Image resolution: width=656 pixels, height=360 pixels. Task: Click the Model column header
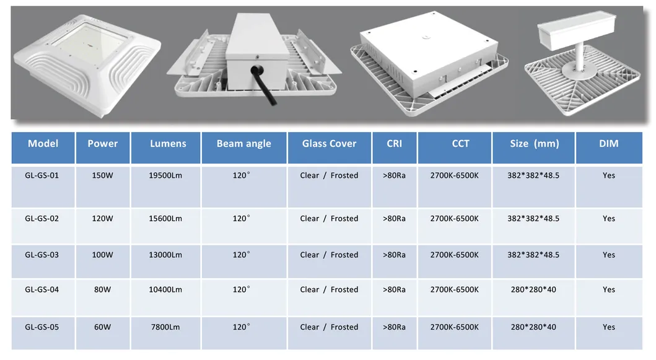[x=43, y=144]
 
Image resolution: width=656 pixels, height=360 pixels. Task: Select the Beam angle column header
[x=243, y=144]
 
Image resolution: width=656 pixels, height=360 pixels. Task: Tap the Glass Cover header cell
[x=329, y=144]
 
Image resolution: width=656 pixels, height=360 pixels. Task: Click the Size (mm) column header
[x=534, y=144]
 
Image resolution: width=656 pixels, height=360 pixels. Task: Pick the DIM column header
[x=608, y=144]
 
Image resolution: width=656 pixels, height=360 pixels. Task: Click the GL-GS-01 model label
[x=42, y=175]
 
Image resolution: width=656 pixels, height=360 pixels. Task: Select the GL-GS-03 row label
[x=42, y=255]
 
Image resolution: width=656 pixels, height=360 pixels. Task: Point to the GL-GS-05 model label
[x=42, y=327]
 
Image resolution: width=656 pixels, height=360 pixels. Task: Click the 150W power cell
[x=102, y=175]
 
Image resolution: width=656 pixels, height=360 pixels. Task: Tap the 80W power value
[x=102, y=289]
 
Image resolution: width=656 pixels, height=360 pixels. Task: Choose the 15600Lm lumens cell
[x=165, y=219]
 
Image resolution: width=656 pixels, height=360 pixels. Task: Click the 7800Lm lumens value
[x=165, y=327]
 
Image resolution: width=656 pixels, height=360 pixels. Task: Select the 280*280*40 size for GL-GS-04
[x=533, y=289]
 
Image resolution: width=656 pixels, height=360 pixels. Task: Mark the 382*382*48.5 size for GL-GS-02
[x=533, y=219]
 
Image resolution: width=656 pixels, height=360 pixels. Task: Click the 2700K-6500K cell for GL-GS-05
[x=454, y=327]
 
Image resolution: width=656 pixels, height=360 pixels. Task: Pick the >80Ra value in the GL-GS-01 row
[x=394, y=175]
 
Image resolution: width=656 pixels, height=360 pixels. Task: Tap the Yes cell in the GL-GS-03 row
[x=608, y=255]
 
